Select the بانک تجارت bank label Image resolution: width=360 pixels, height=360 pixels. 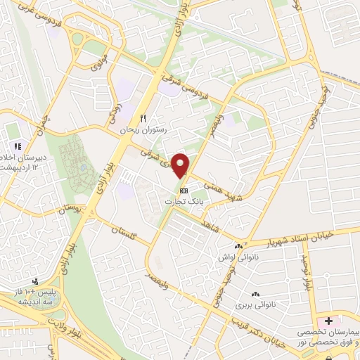(x=179, y=201)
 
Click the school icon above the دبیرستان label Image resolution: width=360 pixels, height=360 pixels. (x=15, y=127)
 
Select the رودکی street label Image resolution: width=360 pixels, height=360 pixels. (x=113, y=110)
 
